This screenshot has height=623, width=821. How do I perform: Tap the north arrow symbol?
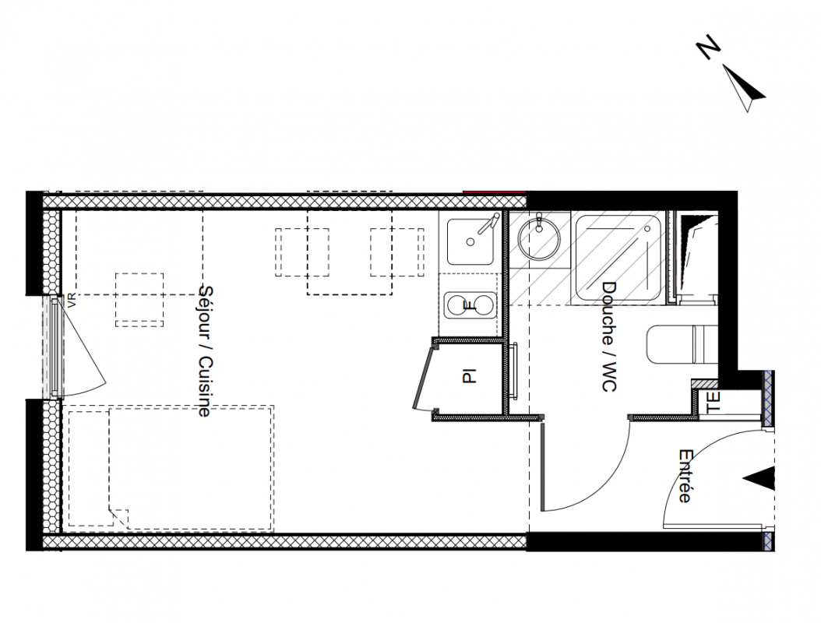click(x=744, y=87)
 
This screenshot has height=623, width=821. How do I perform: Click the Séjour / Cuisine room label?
click(x=206, y=350)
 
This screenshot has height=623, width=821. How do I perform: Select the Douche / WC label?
click(x=608, y=336)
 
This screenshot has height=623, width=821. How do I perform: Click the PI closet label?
click(x=470, y=376)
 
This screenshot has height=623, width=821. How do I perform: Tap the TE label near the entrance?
click(x=714, y=403)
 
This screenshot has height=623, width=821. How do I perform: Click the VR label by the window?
click(x=72, y=301)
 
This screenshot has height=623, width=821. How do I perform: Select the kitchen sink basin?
click(x=470, y=242)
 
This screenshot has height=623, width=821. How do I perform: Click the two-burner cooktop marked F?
click(x=469, y=305)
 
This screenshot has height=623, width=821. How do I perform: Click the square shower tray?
click(x=618, y=259)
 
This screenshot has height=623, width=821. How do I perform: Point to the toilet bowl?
click(x=681, y=344)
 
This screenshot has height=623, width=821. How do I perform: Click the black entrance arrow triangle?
click(x=759, y=478)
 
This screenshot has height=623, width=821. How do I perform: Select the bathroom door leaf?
click(x=543, y=467)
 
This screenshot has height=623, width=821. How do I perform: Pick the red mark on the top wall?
click(x=495, y=192)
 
